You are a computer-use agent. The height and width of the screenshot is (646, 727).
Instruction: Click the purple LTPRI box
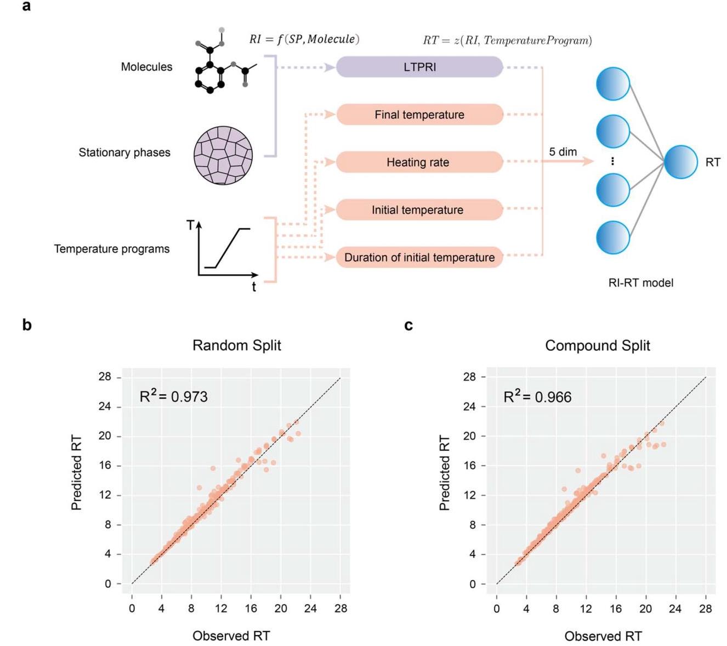coord(419,67)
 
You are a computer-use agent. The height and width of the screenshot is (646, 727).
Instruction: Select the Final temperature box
coord(419,115)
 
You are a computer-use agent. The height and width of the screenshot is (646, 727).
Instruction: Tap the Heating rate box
coord(419,162)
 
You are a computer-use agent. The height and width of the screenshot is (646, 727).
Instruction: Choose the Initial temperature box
coord(419,209)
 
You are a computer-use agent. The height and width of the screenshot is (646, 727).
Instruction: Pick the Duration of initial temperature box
coord(419,257)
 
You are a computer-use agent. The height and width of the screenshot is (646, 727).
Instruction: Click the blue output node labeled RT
coord(681,162)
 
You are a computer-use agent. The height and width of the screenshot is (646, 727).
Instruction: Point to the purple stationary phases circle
coord(223,155)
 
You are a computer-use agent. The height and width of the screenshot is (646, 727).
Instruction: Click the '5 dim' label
coord(563,152)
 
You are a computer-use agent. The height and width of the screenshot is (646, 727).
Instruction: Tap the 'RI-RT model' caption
coord(640,283)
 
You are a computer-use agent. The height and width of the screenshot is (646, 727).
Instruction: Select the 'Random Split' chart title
coord(236,345)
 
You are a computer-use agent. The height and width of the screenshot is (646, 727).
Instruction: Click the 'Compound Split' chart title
coord(598,345)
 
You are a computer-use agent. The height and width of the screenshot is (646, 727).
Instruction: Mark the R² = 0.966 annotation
coord(537,396)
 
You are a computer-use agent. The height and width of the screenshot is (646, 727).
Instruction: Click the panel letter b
coord(27,325)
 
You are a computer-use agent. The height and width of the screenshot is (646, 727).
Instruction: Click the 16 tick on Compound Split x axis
coord(616,608)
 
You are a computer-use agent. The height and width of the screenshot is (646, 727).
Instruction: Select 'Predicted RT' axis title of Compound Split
coord(445,473)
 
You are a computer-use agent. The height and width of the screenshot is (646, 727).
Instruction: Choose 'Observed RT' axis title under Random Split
coord(231,636)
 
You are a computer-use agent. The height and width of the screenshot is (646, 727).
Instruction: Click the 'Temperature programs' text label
coord(112,249)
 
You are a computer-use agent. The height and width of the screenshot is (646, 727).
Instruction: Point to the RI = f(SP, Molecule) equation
coord(304,39)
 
